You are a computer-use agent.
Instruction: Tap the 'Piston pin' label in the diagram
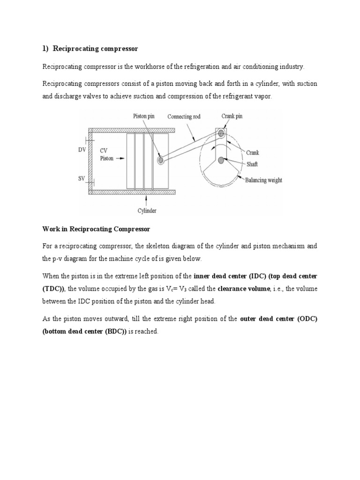tap(143, 117)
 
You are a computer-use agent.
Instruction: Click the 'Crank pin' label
tap(232, 116)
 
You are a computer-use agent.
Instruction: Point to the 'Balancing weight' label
tap(264, 180)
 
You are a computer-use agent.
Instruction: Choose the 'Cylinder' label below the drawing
tap(146, 210)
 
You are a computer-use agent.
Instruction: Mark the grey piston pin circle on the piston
tap(161, 160)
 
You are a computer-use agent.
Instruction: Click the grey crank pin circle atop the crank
tap(221, 133)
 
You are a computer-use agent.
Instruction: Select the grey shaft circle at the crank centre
tap(221, 160)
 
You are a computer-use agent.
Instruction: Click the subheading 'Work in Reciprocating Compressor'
tap(96, 229)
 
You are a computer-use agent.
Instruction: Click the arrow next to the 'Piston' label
tap(120, 159)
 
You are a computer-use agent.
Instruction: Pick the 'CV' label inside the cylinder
tap(104, 151)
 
